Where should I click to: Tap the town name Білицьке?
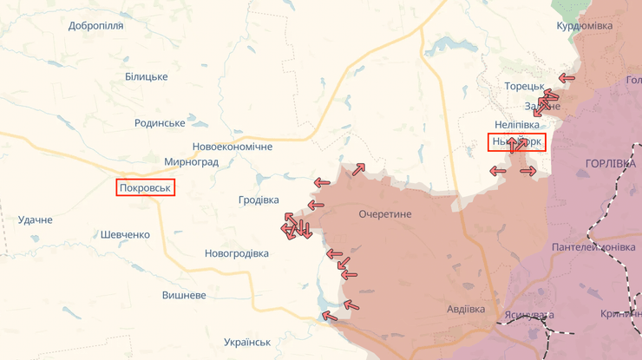click(146, 77)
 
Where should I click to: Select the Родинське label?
click(160, 123)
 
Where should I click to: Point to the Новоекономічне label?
click(232, 147)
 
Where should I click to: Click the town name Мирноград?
click(191, 162)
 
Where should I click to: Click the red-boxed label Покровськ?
click(146, 187)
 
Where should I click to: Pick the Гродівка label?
click(259, 200)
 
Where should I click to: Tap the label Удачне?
click(35, 219)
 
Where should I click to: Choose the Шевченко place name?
click(125, 234)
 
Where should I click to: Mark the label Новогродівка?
click(237, 253)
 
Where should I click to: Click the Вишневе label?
click(184, 295)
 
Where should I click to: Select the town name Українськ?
click(247, 342)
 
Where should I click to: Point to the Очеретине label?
click(384, 214)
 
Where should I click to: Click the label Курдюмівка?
click(584, 26)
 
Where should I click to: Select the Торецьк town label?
click(524, 87)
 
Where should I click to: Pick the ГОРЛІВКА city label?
click(610, 163)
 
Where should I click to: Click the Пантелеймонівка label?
click(593, 247)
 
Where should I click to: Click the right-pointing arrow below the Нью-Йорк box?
click(527, 171)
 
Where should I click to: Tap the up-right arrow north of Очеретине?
click(358, 167)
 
